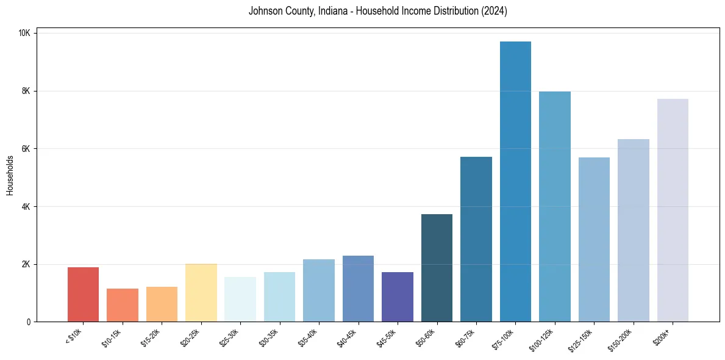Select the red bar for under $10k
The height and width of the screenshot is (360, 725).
tap(83, 295)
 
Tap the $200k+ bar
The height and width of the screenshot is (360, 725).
tap(673, 211)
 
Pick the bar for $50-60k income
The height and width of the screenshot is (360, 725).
tap(437, 268)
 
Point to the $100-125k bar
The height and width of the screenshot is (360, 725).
tap(555, 207)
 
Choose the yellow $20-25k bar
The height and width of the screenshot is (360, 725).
tap(201, 293)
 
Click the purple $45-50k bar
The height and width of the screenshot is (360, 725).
tap(398, 297)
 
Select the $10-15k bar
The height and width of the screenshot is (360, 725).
tap(123, 305)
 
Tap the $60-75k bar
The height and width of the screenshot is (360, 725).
tap(476, 239)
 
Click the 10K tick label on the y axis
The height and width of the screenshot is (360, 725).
tap(24, 33)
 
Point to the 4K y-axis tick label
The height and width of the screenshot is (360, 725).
tap(26, 207)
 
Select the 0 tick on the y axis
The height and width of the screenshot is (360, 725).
tap(29, 322)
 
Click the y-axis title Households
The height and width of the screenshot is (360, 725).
tap(10, 175)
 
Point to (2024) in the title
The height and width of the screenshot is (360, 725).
tap(494, 11)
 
